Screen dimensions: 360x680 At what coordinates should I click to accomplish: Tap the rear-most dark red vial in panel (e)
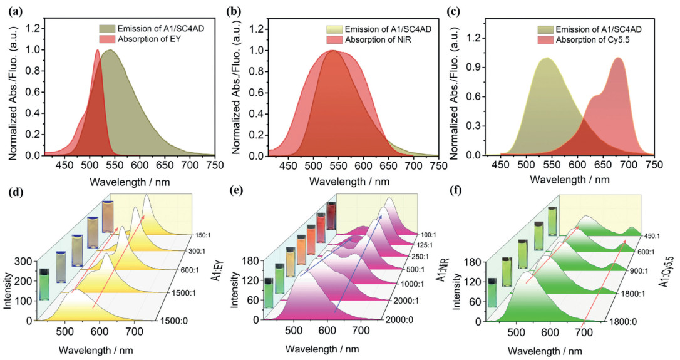[331, 213]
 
